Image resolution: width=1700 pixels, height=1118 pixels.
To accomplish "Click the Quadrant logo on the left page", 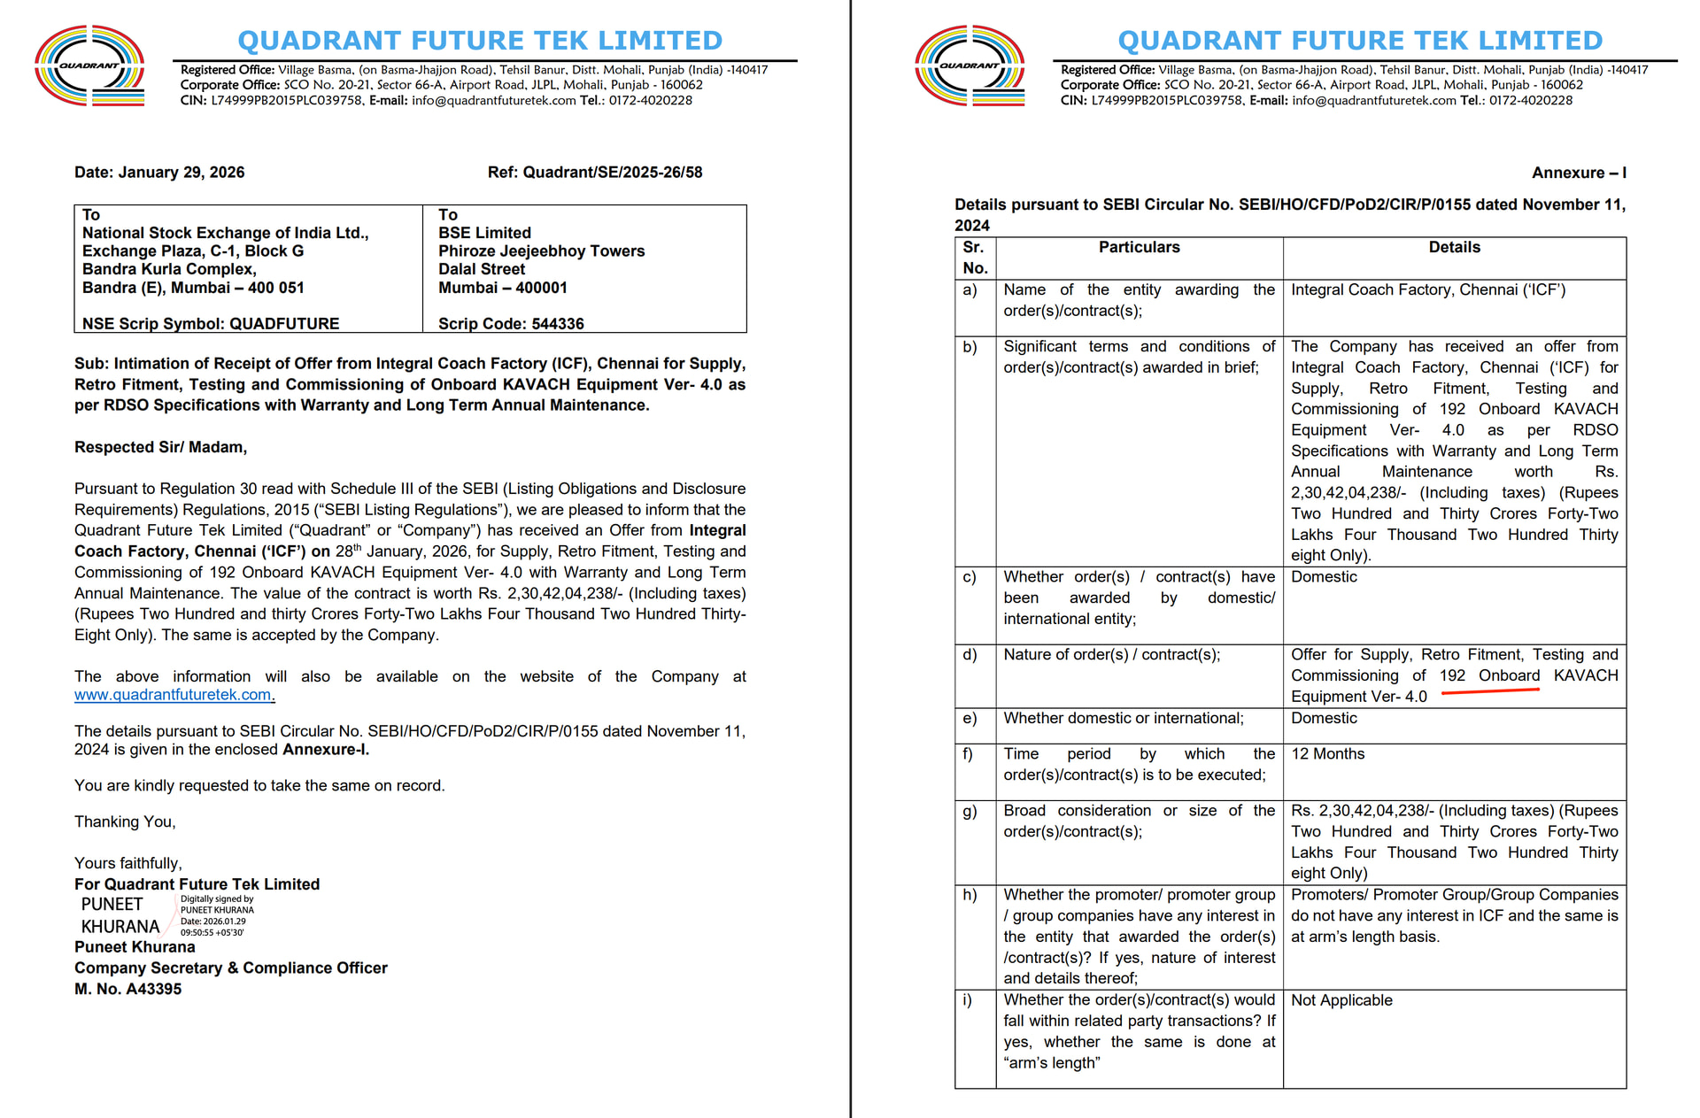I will click(x=89, y=66).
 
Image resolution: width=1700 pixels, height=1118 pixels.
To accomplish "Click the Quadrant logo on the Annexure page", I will click(x=970, y=66).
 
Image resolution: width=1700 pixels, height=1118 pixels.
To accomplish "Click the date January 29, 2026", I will click(x=159, y=173).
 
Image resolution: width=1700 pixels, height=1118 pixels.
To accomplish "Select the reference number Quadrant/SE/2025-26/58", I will click(x=595, y=173).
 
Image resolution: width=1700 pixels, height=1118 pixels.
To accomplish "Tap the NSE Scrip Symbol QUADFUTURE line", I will click(x=211, y=324).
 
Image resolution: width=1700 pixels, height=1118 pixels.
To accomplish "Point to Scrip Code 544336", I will click(x=511, y=324).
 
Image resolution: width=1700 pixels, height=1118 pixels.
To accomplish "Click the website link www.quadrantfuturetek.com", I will click(x=174, y=695).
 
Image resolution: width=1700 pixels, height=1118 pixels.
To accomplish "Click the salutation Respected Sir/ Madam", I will click(x=160, y=447).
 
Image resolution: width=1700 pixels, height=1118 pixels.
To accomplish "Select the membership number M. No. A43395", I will click(x=127, y=989).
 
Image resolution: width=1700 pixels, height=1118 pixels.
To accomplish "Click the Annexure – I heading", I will click(x=1579, y=173).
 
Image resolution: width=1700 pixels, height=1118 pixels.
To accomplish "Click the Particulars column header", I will click(x=1139, y=248).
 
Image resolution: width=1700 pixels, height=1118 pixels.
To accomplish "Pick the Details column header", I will click(x=1454, y=248).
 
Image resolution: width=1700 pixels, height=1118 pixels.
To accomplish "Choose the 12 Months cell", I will click(x=1327, y=754).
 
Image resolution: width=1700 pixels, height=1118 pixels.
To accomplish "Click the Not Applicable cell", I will click(x=1341, y=1000).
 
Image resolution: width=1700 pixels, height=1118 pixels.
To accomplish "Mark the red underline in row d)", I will click(x=1490, y=691).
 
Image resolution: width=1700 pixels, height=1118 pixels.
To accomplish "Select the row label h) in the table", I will click(x=970, y=895).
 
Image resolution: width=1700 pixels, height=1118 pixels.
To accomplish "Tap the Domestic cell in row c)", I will click(x=1324, y=577).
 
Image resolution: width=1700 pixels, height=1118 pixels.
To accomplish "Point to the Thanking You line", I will click(x=125, y=821).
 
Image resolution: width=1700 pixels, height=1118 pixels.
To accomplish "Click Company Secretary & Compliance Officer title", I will click(x=230, y=968).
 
